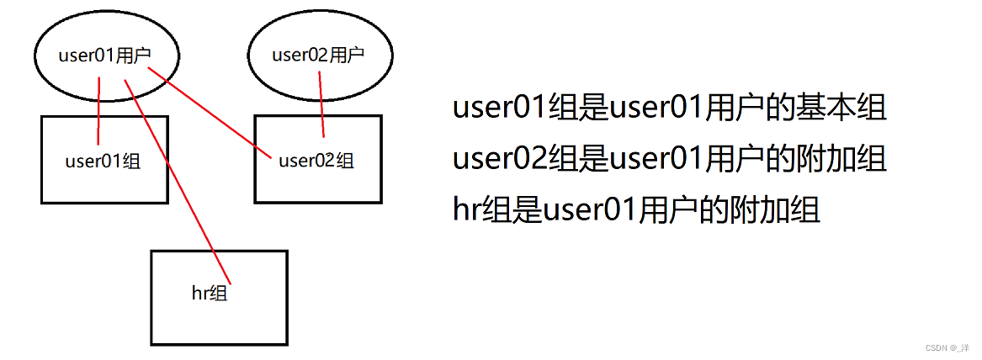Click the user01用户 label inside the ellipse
point(106,56)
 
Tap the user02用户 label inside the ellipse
point(318,56)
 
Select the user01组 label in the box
point(103,161)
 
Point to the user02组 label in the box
point(316,160)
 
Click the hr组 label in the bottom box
point(210,293)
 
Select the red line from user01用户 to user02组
point(210,114)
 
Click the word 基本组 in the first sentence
point(842,109)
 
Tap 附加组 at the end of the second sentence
point(842,160)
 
